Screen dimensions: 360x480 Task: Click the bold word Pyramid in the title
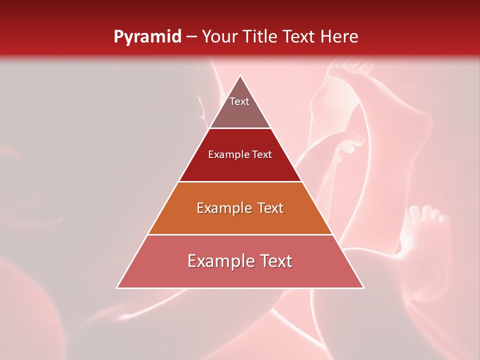(147, 37)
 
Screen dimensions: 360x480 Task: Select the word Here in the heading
(339, 37)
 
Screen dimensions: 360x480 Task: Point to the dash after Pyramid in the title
(191, 37)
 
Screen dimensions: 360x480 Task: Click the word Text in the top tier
(239, 101)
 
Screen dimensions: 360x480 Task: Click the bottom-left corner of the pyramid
(117, 287)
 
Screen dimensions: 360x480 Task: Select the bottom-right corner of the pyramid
(363, 287)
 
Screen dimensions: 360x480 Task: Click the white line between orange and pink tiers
(240, 234)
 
